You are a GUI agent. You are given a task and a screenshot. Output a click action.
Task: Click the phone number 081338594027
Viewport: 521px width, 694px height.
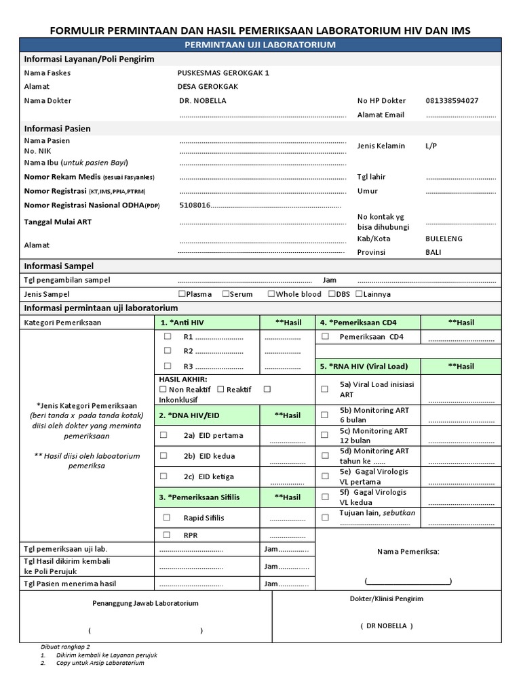point(451,101)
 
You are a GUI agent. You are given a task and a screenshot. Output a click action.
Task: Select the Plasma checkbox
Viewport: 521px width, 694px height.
point(181,294)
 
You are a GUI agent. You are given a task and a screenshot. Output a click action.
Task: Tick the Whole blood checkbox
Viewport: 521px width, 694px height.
point(271,294)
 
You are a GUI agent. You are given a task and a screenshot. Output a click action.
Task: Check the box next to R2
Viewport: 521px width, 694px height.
point(167,351)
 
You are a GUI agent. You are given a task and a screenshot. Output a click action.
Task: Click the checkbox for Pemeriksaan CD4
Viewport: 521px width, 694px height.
point(325,336)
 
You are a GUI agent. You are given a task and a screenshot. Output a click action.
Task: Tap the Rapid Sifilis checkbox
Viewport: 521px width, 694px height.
point(167,518)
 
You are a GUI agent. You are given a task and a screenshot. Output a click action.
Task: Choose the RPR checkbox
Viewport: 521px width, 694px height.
point(167,535)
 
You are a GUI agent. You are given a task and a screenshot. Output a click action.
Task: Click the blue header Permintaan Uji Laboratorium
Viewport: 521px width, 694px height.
point(260,45)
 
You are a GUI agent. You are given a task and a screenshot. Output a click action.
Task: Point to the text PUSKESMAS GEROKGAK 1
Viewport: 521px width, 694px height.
point(223,73)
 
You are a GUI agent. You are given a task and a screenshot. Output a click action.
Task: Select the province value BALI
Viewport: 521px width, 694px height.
point(433,252)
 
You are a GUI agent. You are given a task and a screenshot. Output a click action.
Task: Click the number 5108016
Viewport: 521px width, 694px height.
point(195,205)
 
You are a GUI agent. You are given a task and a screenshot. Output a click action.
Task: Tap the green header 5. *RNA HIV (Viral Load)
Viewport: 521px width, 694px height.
point(364,366)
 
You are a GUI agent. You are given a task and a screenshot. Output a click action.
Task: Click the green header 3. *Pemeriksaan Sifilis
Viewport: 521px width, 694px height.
point(199,497)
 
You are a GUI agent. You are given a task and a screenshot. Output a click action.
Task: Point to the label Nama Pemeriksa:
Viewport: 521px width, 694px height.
point(408,552)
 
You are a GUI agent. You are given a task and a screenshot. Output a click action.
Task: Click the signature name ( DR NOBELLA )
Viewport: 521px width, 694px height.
point(386,626)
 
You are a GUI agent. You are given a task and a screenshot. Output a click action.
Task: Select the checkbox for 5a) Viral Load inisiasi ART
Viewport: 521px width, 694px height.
point(325,389)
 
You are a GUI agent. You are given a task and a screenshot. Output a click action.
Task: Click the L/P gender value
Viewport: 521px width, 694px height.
point(431,146)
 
